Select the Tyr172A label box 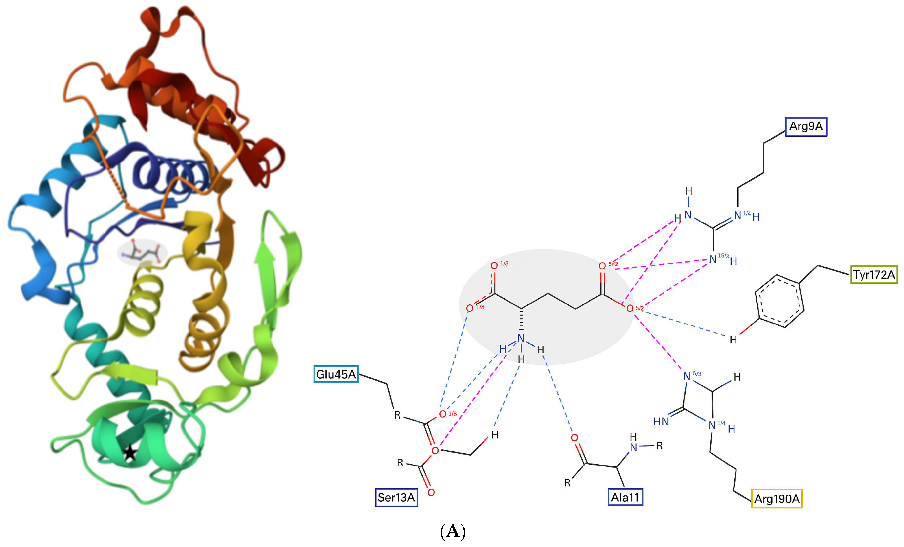tap(874, 275)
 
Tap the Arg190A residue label tap(777, 499)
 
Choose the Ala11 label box tap(625, 497)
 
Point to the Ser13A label tap(396, 498)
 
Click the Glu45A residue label tap(336, 374)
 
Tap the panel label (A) tap(452, 531)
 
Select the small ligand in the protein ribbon tap(142, 252)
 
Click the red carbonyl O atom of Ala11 tap(574, 438)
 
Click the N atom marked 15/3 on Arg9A tap(713, 260)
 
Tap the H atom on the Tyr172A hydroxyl tap(733, 340)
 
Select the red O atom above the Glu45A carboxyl tap(442, 414)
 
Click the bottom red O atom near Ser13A tap(431, 492)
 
